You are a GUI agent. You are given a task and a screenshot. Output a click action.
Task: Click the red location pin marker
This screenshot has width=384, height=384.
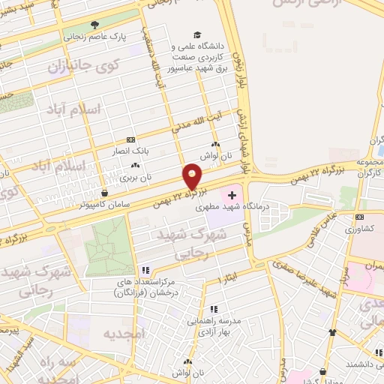(193, 176)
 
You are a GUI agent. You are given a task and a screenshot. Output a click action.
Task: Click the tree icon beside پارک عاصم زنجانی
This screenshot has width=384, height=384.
(94, 24)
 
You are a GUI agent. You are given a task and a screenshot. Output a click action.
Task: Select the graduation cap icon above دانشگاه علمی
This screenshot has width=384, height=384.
(197, 34)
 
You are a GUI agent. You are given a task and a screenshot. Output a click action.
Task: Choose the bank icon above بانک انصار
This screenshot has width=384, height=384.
(131, 139)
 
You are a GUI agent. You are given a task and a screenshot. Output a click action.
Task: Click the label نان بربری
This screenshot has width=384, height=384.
(135, 178)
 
